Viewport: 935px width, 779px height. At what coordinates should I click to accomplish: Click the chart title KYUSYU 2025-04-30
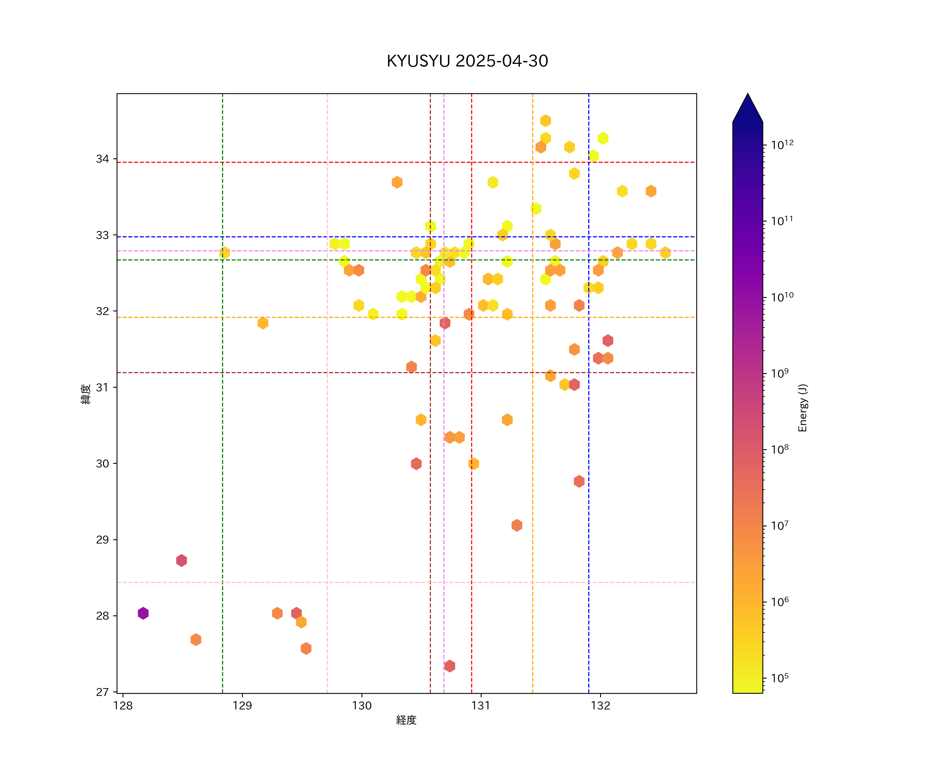click(x=467, y=61)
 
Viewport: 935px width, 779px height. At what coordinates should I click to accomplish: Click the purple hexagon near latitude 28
click(x=143, y=613)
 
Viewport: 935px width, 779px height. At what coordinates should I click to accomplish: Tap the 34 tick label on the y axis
click(x=102, y=159)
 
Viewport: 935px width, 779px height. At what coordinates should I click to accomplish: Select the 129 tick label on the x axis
click(x=242, y=706)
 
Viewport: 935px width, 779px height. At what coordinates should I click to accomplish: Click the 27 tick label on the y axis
click(x=102, y=692)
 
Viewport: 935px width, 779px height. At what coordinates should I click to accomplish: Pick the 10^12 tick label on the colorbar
click(x=782, y=145)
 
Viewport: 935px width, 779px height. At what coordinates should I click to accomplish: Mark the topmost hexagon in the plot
click(x=545, y=121)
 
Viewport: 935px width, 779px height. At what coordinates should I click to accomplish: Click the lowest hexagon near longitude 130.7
click(x=450, y=666)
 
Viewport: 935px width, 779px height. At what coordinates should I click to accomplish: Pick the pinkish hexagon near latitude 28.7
click(x=181, y=560)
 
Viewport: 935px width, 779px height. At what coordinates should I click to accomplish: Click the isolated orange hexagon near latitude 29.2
click(x=517, y=525)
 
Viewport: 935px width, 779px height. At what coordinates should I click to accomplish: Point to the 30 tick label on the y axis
click(x=102, y=464)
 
